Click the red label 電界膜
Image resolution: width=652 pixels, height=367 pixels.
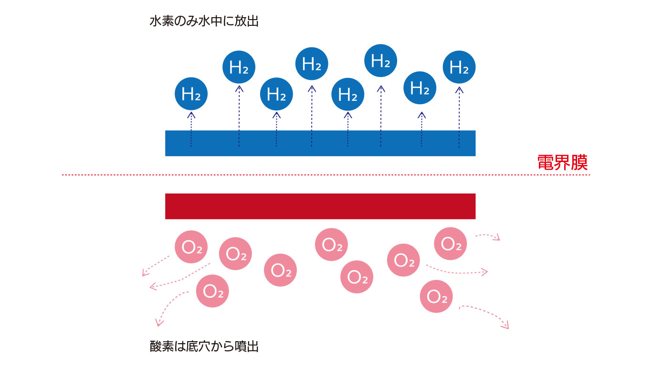[562, 163]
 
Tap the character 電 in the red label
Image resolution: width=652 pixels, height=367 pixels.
[546, 163]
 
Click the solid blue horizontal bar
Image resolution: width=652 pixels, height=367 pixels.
[320, 143]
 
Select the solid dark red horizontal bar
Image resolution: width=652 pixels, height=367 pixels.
[320, 206]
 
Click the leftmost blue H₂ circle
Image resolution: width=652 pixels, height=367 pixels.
[191, 94]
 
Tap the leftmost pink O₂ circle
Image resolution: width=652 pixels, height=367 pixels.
[191, 247]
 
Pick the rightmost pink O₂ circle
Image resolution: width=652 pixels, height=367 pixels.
[450, 244]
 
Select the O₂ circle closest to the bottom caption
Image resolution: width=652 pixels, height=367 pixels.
[212, 291]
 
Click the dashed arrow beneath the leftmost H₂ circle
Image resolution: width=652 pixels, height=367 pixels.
[191, 129]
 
